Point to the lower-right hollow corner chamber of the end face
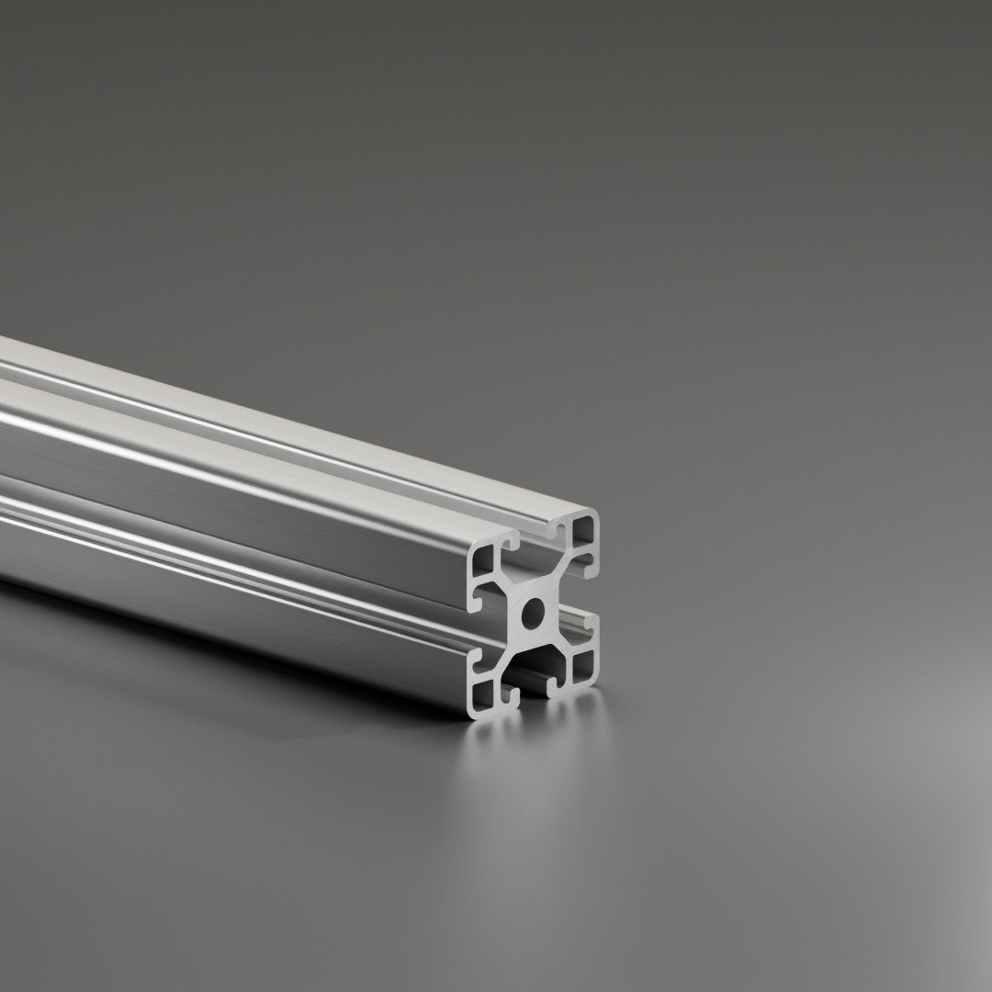582,663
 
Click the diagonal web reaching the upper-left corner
506,584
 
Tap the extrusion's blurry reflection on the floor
533,781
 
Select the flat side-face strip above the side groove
230,478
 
